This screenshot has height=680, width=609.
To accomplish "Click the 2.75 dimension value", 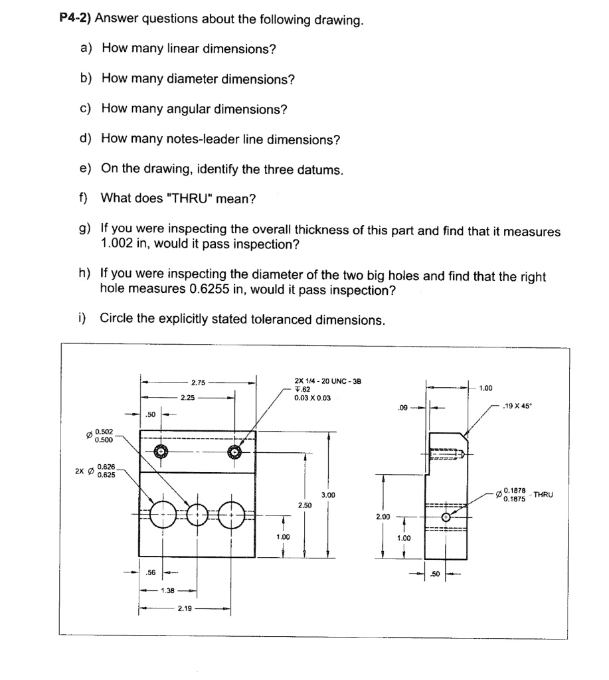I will (x=198, y=382).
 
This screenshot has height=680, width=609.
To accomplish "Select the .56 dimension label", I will (x=151, y=571).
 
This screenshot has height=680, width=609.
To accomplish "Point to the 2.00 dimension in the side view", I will (x=383, y=516).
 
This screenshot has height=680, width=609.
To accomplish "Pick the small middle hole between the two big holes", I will (x=198, y=513).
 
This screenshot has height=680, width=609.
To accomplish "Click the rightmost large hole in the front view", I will (x=232, y=513).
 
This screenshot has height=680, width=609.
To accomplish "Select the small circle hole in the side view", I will (x=446, y=517).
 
